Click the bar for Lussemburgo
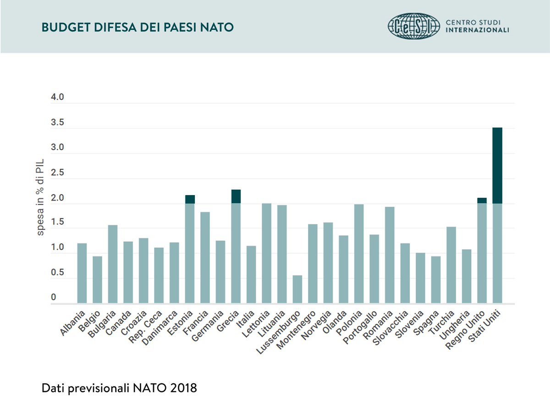click(297, 289)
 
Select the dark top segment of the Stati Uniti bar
click(497, 165)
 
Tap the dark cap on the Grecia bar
click(236, 196)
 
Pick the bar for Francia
click(205, 257)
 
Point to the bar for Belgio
click(97, 279)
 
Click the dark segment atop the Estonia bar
click(190, 199)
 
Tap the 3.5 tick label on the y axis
click(57, 123)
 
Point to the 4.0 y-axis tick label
click(57, 98)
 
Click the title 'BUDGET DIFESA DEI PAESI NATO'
click(137, 28)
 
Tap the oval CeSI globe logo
click(413, 26)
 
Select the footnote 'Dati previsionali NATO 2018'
click(119, 388)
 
